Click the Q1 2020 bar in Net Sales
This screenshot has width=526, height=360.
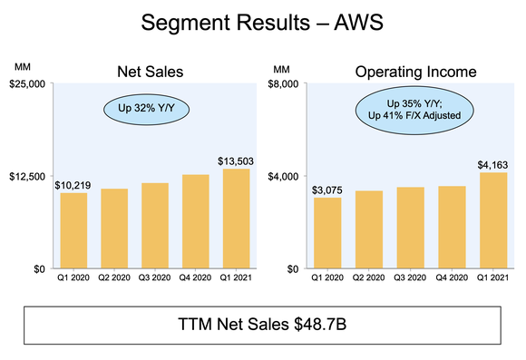(x=73, y=231)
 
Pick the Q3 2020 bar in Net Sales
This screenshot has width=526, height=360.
(x=154, y=226)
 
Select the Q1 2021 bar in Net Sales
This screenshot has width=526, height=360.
(x=235, y=219)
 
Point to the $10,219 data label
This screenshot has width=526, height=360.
(x=73, y=185)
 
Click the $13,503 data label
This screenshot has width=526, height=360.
(x=235, y=161)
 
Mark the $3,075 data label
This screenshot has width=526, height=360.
(x=327, y=190)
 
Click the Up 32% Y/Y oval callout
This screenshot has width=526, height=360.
(x=136, y=110)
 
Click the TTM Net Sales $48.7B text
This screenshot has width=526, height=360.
(x=262, y=324)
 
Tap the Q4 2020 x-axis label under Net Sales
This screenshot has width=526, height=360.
(x=195, y=279)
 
